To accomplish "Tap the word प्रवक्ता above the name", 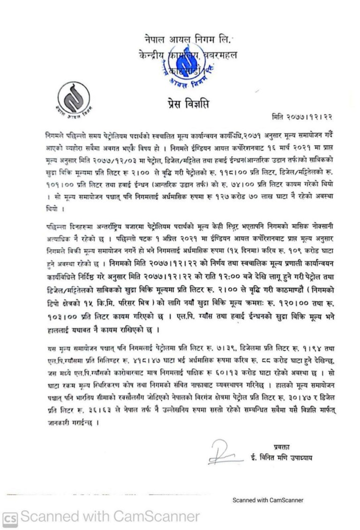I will tap(282, 446).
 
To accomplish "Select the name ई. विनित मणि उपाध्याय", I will tap(282, 457).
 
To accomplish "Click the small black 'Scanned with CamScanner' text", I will tap(268, 500).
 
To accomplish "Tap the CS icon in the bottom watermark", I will tap(10, 517).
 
